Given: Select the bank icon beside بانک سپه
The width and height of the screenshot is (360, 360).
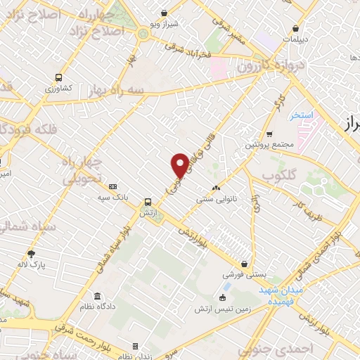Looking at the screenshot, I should [x=113, y=186].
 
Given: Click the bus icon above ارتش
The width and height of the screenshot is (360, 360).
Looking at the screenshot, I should [x=148, y=201].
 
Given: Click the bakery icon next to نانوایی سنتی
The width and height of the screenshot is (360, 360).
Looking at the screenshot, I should [x=215, y=188].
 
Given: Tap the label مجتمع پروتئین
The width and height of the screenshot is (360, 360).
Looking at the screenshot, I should [x=269, y=145].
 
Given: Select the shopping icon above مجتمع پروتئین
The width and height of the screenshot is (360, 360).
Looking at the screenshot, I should [x=269, y=134].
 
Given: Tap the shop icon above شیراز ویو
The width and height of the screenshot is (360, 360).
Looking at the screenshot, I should [x=164, y=12].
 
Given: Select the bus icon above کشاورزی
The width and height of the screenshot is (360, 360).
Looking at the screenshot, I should [x=58, y=77].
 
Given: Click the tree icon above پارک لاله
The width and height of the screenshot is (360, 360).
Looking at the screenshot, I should [x=31, y=254].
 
